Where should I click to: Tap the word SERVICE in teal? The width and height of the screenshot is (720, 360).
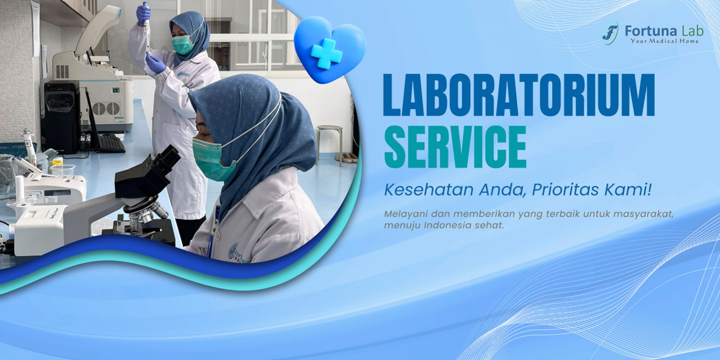click(455, 147)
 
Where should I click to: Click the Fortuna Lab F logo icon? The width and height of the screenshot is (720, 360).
click(610, 33)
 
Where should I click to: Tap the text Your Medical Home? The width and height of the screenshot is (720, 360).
click(664, 41)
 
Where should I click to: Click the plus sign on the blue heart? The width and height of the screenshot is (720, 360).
click(326, 53)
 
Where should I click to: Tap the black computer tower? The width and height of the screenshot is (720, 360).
click(61, 117)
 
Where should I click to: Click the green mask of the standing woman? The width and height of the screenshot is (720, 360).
click(183, 45)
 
